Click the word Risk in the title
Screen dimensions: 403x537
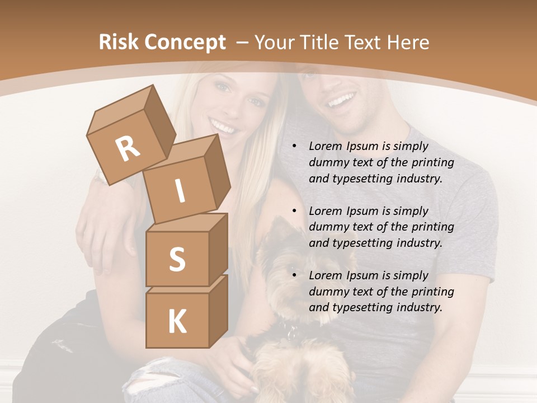[118, 43]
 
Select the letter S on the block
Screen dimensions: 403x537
[177, 260]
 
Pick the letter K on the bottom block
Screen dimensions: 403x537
[177, 321]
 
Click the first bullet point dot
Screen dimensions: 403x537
[294, 147]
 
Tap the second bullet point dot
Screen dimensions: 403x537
[294, 212]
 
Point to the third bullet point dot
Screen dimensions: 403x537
[294, 276]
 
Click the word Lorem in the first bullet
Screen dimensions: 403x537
[325, 147]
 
